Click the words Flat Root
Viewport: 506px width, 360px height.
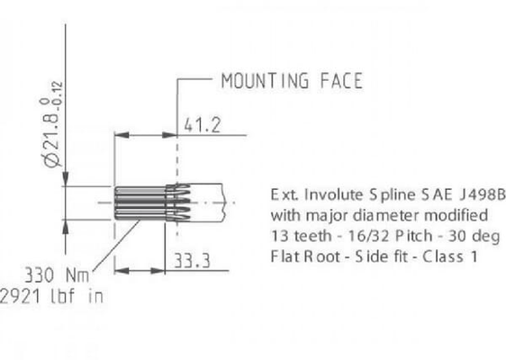pyautogui.click(x=301, y=256)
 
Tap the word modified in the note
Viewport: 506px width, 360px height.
pyautogui.click(x=457, y=215)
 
